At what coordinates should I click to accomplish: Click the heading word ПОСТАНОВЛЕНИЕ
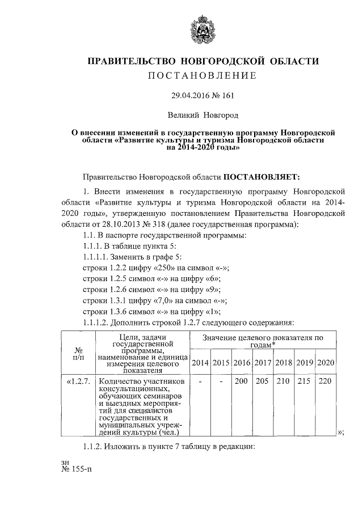pos(202,75)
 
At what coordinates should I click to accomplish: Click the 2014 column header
pos(200,362)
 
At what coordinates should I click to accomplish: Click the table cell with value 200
pos(242,382)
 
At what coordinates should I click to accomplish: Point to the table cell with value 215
pos(304,382)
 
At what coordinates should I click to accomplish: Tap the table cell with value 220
pos(324,382)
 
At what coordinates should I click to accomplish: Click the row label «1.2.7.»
pos(78,382)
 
